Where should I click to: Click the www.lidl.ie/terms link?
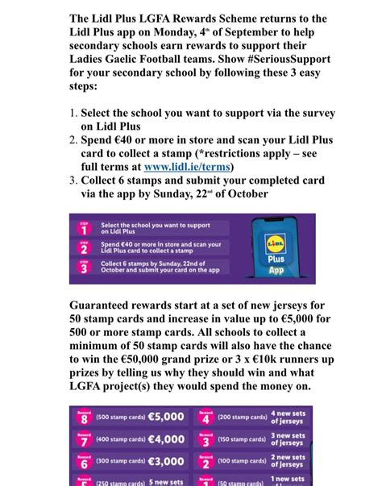(x=187, y=167)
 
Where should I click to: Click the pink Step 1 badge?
(x=84, y=228)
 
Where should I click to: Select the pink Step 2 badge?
(x=84, y=247)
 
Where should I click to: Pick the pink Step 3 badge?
(x=84, y=268)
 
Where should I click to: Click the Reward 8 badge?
(x=83, y=417)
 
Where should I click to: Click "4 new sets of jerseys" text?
(x=288, y=417)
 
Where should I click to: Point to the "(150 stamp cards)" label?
(x=242, y=440)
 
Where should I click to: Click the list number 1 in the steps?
(x=73, y=114)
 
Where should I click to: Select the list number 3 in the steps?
(x=73, y=180)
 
